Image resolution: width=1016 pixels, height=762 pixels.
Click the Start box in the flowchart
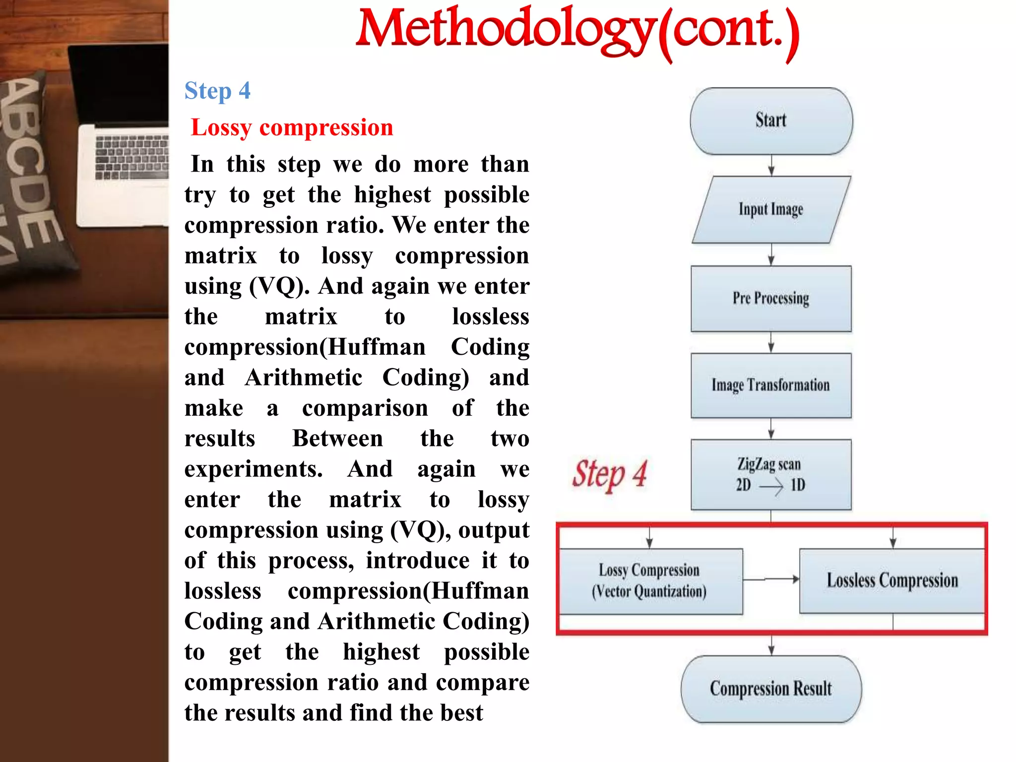(x=771, y=121)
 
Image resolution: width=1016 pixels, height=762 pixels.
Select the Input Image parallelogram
(x=771, y=209)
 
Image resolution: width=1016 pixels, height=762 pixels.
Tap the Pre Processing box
(x=771, y=298)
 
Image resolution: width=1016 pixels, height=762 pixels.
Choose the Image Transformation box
(x=771, y=385)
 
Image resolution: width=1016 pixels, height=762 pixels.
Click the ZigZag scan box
(x=771, y=474)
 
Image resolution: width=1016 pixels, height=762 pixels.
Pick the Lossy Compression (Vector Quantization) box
(x=650, y=581)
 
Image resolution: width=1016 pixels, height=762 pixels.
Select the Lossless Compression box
(x=892, y=580)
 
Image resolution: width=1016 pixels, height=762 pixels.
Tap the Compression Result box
(x=771, y=689)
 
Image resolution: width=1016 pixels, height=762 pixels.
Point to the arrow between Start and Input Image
(x=771, y=165)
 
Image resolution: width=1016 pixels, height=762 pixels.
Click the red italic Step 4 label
(x=610, y=475)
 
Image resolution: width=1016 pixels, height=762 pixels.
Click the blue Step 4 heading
(x=217, y=91)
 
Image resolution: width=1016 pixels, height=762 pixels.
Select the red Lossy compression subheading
(x=292, y=127)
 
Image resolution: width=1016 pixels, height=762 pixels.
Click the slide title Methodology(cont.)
(x=577, y=31)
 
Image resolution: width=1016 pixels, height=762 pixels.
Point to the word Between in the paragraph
(x=337, y=439)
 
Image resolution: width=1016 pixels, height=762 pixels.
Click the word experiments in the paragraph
(x=253, y=469)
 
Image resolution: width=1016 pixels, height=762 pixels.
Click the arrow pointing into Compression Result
(x=771, y=645)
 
